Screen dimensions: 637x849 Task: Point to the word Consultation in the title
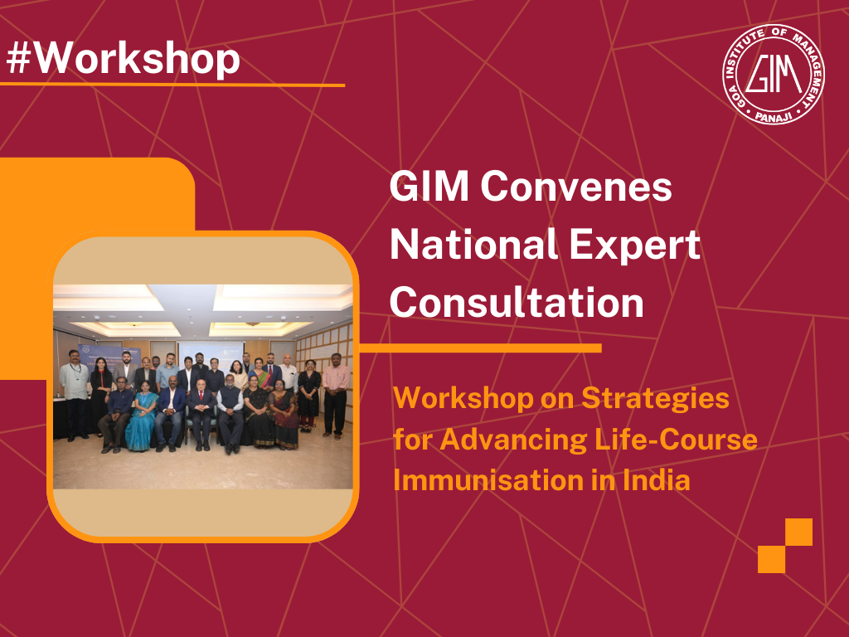click(x=517, y=303)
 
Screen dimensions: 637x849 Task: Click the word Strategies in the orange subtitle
click(x=655, y=399)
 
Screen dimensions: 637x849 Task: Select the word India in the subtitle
click(x=656, y=480)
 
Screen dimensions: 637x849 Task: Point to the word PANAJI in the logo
click(x=773, y=117)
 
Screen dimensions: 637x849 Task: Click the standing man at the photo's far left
click(x=75, y=390)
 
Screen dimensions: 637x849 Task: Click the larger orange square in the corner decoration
click(x=798, y=532)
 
